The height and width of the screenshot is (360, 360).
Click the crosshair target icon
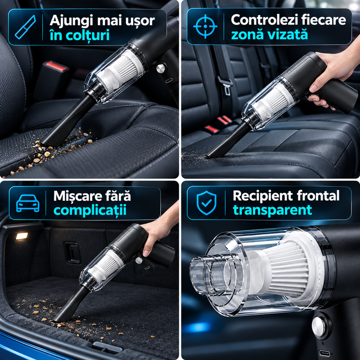point(205,26)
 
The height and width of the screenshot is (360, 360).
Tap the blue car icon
point(28,203)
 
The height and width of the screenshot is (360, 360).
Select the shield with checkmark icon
point(207,203)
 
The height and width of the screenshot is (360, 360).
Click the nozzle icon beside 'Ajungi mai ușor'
point(26,27)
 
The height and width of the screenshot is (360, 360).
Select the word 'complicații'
point(90,210)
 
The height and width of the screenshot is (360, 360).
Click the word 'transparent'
point(273,210)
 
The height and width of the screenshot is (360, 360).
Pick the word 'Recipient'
point(262,196)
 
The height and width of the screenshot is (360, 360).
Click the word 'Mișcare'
point(77,196)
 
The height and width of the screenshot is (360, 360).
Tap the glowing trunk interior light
point(22,236)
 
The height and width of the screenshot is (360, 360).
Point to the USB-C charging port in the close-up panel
point(324,353)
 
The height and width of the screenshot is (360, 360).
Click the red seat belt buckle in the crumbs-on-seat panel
point(56,66)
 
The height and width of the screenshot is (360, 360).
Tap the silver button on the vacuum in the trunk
point(139,260)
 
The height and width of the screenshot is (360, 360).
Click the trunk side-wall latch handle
point(73,253)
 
